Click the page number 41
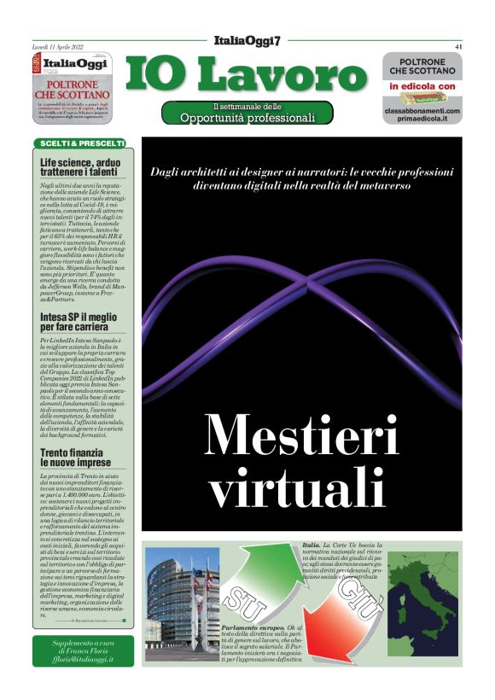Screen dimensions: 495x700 pos(458,47)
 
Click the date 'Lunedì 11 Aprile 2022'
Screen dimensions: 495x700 pos(58,47)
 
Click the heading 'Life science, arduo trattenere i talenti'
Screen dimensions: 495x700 pos(81,167)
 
